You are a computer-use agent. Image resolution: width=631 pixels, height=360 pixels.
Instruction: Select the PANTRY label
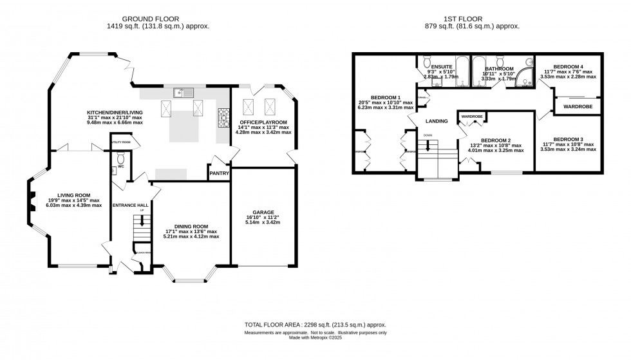(x=218, y=173)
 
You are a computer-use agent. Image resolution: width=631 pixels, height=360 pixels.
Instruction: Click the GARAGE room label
(x=263, y=212)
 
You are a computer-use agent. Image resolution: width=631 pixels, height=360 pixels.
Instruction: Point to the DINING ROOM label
(x=192, y=226)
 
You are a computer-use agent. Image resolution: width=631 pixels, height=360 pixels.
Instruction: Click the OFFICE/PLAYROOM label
(x=264, y=122)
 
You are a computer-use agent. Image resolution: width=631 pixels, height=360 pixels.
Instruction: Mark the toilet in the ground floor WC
(x=121, y=158)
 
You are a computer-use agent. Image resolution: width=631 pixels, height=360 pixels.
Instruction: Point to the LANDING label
(x=437, y=120)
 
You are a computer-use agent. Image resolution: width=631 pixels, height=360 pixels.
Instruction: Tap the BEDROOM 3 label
(x=569, y=139)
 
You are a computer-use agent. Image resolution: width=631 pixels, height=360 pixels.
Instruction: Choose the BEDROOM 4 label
(x=569, y=66)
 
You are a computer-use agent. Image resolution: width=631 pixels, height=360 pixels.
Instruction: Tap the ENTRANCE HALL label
(x=131, y=205)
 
